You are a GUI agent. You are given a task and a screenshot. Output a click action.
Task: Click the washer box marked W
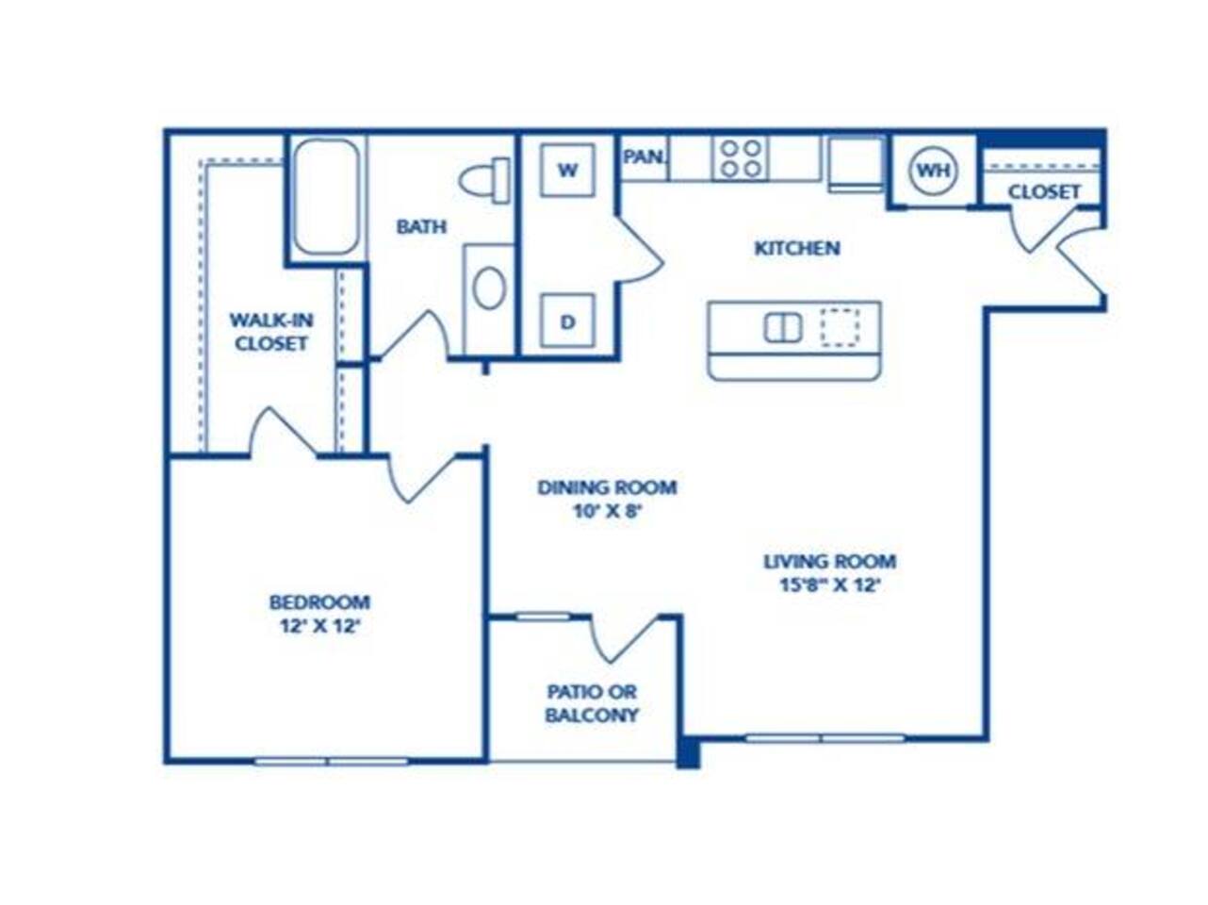click(x=566, y=171)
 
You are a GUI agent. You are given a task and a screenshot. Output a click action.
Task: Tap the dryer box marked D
click(x=567, y=321)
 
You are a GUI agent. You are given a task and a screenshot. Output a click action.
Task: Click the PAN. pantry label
click(x=645, y=157)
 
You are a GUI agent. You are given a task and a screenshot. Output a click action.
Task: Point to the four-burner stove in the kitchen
click(x=740, y=157)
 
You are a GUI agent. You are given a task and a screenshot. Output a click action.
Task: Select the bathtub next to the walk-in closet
click(x=325, y=197)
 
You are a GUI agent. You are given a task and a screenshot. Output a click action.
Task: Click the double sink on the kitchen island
click(x=782, y=328)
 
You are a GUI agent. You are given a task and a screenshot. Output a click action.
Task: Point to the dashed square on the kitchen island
click(x=840, y=327)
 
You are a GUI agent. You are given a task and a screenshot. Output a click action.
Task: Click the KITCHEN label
click(x=797, y=249)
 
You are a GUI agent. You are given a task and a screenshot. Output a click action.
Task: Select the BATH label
click(x=421, y=227)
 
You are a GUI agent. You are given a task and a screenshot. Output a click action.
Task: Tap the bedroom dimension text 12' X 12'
click(x=320, y=625)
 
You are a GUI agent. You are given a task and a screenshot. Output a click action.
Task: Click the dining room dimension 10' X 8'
click(x=607, y=513)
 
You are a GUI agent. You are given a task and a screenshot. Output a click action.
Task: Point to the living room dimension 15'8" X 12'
click(x=829, y=584)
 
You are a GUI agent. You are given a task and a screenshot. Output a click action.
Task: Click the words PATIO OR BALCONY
click(x=592, y=703)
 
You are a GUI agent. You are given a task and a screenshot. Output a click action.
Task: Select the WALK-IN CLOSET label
click(x=271, y=332)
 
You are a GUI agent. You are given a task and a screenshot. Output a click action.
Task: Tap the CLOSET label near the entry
click(x=1044, y=192)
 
